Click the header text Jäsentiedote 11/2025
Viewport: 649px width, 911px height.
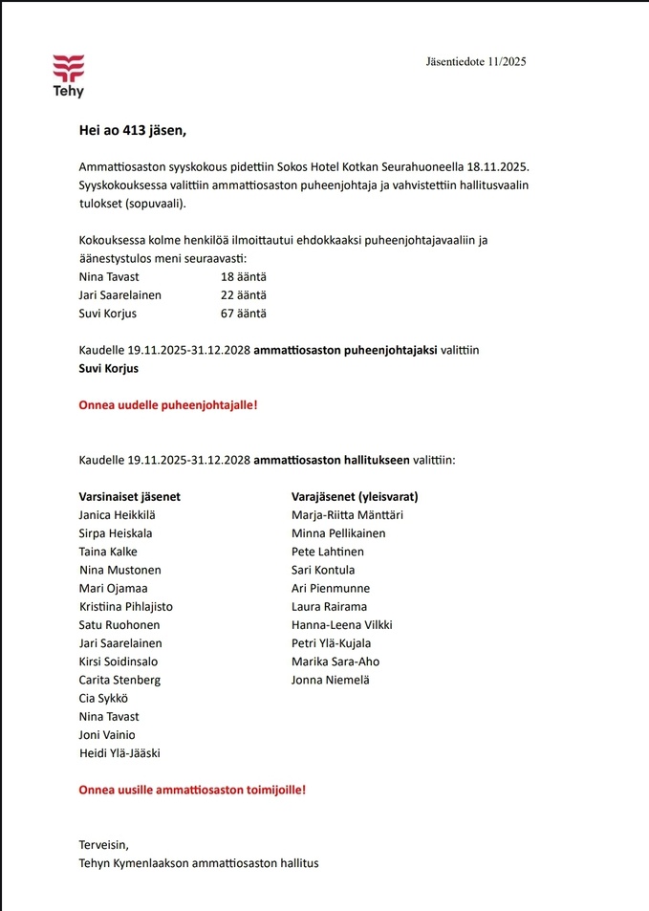point(475,62)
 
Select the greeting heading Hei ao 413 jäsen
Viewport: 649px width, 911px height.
point(132,131)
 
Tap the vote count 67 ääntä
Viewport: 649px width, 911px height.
point(244,314)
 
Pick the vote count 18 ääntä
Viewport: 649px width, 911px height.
point(244,277)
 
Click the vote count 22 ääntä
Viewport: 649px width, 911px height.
point(244,295)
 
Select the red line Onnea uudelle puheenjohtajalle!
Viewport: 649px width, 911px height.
point(167,405)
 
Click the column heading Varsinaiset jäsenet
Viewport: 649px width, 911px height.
point(129,497)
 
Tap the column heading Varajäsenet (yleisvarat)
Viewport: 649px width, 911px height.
point(355,497)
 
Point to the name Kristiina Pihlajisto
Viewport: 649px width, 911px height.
point(127,607)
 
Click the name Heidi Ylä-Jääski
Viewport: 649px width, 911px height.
point(120,753)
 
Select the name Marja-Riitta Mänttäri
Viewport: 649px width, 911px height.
point(347,515)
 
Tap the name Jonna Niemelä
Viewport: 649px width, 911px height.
point(331,681)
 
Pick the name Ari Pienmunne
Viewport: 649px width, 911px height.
point(331,589)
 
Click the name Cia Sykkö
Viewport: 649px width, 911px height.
point(104,699)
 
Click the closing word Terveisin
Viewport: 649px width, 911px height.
point(103,845)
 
